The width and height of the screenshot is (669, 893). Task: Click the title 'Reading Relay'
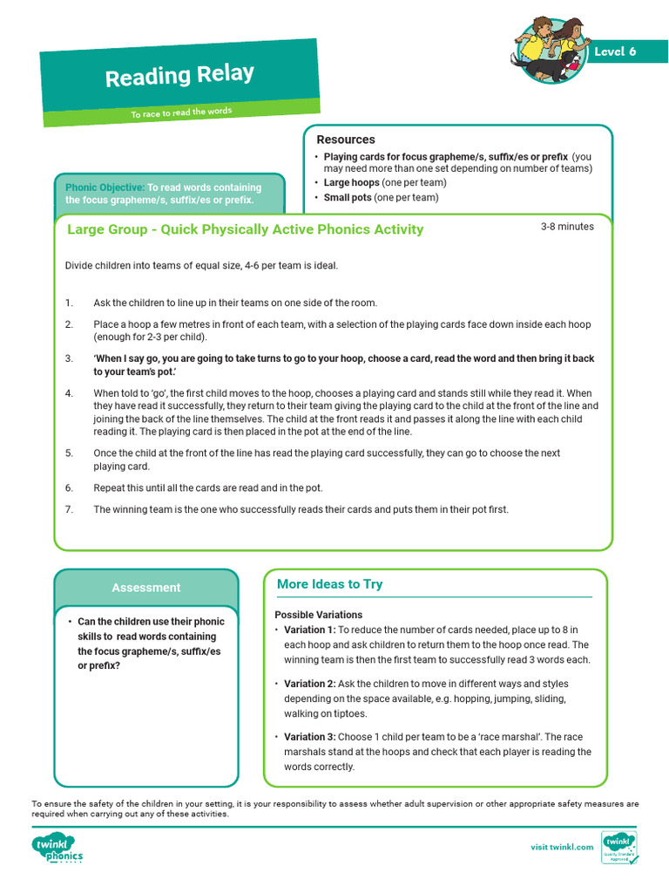pyautogui.click(x=179, y=76)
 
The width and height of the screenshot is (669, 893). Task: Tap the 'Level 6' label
pyautogui.click(x=615, y=51)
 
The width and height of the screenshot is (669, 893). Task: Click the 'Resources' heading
pyautogui.click(x=346, y=140)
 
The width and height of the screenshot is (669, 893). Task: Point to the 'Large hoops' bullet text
pyautogui.click(x=351, y=183)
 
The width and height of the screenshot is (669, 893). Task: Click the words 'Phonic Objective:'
pyautogui.click(x=105, y=187)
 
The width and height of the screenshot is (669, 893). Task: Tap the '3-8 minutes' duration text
pyautogui.click(x=567, y=227)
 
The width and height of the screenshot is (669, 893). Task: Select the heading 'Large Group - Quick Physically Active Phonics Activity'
pyautogui.click(x=246, y=229)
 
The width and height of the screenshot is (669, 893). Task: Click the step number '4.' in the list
pyautogui.click(x=70, y=393)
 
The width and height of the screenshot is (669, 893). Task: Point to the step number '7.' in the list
pyautogui.click(x=70, y=509)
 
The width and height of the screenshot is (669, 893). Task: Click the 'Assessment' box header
pyautogui.click(x=145, y=588)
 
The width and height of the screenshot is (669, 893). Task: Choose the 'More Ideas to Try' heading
pyautogui.click(x=329, y=584)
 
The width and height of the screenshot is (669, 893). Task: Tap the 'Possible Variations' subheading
pyautogui.click(x=319, y=615)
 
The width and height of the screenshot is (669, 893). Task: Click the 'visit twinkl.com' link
pyautogui.click(x=562, y=847)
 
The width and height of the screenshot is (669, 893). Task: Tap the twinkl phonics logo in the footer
pyautogui.click(x=57, y=848)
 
